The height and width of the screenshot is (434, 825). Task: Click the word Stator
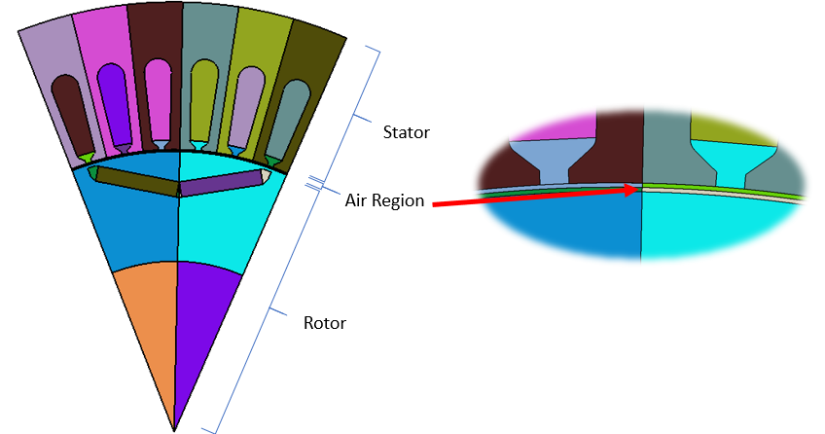[406, 130]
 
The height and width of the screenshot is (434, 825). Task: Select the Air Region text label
[384, 200]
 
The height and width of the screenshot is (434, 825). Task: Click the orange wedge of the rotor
[146, 321]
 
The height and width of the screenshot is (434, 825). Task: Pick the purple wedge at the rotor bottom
[206, 321]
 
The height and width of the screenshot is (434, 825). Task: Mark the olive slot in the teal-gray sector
[201, 97]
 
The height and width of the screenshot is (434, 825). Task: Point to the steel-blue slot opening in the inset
[551, 157]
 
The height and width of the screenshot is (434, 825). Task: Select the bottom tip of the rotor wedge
[174, 427]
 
